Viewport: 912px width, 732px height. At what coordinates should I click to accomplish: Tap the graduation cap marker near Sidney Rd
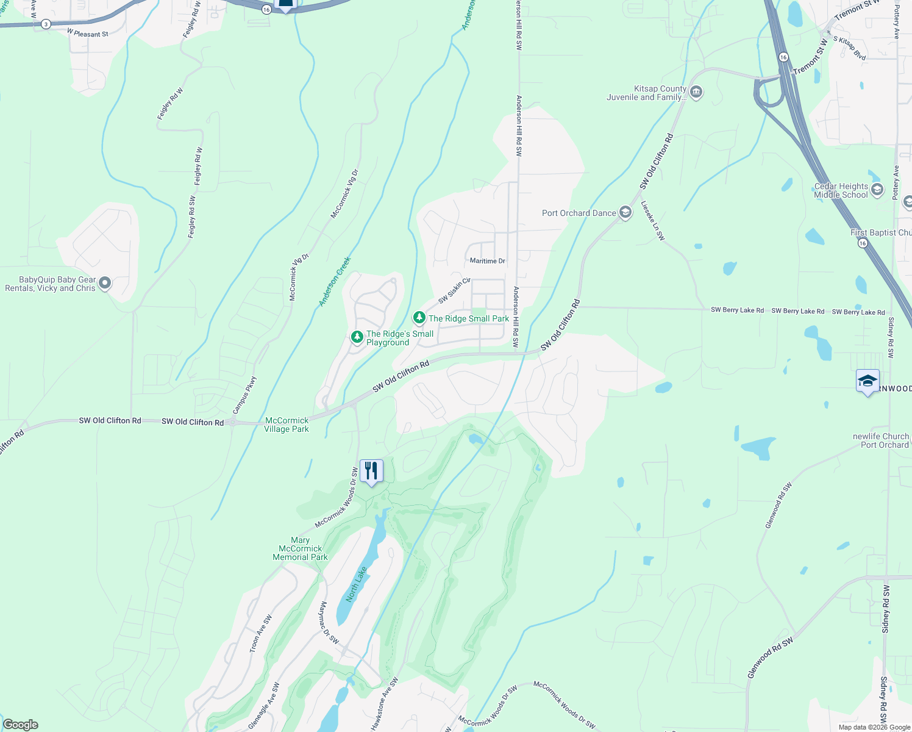867,382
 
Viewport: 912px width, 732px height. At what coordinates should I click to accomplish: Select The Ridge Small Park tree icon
419,318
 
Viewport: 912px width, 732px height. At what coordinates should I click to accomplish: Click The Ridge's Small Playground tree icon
357,337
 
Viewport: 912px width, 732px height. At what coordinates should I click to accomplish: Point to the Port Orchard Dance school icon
625,213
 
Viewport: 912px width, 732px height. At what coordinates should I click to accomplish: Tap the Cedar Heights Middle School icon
877,190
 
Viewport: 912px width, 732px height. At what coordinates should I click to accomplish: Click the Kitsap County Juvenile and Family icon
697,92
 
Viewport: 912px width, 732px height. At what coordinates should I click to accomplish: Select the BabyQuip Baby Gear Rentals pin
105,282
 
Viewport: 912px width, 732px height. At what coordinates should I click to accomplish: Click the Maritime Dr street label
488,261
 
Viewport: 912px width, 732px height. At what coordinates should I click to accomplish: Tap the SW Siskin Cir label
455,290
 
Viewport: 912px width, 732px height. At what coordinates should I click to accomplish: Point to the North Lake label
357,584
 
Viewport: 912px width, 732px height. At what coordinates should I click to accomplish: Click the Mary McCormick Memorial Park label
300,548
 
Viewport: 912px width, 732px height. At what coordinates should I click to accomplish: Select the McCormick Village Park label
287,425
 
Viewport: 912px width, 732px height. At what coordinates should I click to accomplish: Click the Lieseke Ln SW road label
653,221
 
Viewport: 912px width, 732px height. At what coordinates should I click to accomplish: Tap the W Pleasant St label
88,34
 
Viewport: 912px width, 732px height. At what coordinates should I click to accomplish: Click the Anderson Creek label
335,281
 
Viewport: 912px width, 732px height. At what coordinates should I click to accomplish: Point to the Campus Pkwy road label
245,395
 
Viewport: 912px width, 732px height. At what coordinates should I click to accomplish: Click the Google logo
21,725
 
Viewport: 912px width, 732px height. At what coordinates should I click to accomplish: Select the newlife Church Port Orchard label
881,440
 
